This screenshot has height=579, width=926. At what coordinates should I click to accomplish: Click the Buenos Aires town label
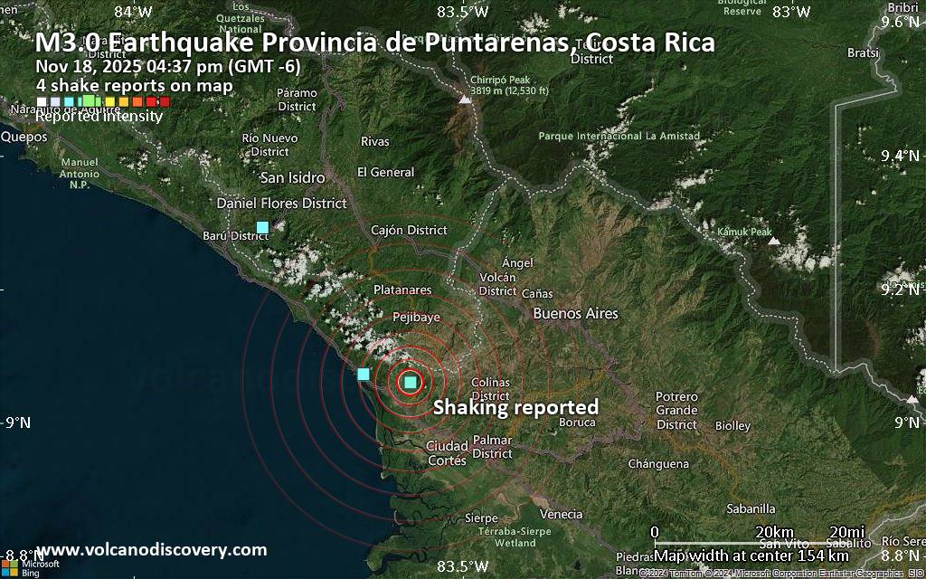click(x=576, y=314)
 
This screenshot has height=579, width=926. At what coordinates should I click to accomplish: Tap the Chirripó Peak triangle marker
click(x=465, y=99)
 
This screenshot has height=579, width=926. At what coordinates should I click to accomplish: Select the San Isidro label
click(x=292, y=177)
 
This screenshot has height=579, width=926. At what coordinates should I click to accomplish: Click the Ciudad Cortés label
click(x=446, y=452)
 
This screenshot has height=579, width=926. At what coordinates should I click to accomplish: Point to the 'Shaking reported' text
click(x=515, y=407)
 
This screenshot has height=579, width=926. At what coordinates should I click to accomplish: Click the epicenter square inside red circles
click(x=411, y=383)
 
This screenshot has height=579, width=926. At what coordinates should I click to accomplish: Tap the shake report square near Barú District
click(x=262, y=226)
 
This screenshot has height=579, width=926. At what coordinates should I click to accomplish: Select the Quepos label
click(x=24, y=137)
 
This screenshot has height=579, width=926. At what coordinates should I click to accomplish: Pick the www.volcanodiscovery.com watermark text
click(x=151, y=549)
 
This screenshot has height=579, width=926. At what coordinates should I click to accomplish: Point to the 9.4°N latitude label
click(x=899, y=156)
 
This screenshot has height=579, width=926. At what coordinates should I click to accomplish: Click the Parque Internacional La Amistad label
click(x=619, y=137)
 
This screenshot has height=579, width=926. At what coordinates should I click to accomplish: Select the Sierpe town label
click(x=480, y=517)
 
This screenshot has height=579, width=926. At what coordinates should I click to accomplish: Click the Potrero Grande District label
click(x=676, y=411)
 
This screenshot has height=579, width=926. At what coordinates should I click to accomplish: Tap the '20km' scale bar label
click(x=774, y=530)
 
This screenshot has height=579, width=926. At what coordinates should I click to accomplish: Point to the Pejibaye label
click(x=417, y=318)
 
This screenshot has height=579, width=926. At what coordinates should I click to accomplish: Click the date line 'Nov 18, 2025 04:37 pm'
click(x=168, y=65)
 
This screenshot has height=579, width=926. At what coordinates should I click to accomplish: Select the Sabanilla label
click(x=751, y=508)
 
